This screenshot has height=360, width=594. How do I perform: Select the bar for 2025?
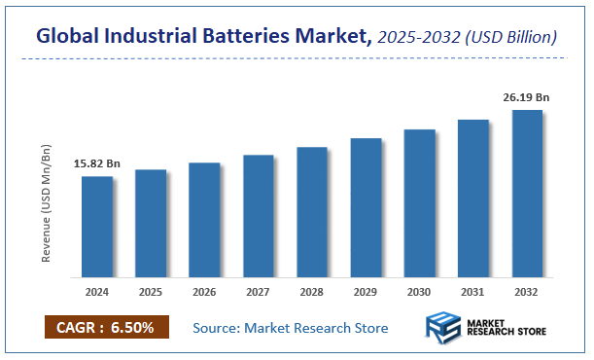point(150,223)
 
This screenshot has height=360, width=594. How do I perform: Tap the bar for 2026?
point(204,219)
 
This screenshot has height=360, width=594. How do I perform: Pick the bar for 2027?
point(258,215)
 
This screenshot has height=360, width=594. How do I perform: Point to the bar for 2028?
point(312,211)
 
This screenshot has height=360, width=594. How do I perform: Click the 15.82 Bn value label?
point(97,163)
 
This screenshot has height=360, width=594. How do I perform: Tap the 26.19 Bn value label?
point(528,97)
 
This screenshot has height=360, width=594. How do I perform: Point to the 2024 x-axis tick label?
point(96,290)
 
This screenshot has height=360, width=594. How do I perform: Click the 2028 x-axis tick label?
point(312,290)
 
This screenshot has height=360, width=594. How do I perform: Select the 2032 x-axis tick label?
point(527,290)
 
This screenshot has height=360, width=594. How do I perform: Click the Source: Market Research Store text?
point(291,328)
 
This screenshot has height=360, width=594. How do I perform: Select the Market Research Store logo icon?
point(443,328)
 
